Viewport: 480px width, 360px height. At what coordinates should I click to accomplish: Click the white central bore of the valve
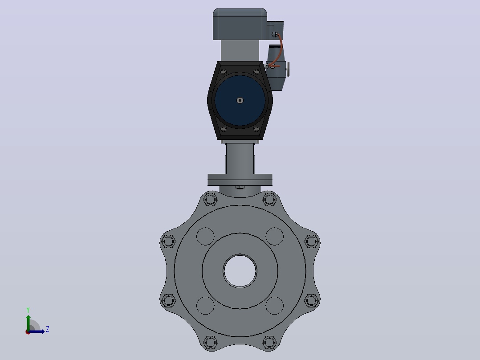(x=240, y=271)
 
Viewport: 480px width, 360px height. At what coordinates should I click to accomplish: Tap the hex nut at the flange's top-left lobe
(x=210, y=200)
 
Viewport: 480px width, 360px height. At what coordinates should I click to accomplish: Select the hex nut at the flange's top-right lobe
(x=269, y=200)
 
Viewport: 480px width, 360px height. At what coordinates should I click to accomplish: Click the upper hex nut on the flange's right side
(x=311, y=241)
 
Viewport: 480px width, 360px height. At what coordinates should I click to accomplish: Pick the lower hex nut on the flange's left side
(x=168, y=301)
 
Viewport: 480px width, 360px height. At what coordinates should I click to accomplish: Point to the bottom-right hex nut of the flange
(x=269, y=342)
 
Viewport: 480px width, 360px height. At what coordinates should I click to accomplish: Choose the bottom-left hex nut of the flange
(x=210, y=342)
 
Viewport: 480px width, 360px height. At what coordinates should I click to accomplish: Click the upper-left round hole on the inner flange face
(x=205, y=236)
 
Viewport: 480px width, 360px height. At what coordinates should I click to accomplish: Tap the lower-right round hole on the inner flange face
(x=275, y=306)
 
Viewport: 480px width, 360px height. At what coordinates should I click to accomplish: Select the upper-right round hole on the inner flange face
(x=275, y=236)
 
